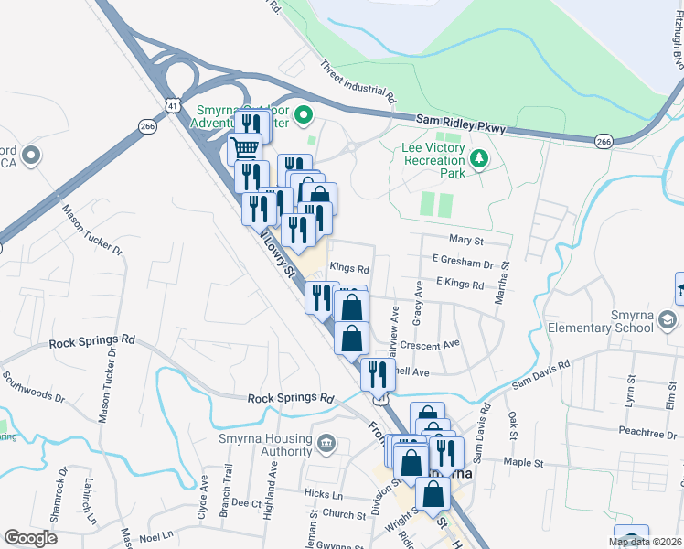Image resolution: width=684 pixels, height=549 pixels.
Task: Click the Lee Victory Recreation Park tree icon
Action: coord(477,159)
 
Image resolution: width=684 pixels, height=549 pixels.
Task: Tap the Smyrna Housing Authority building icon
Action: coord(326,446)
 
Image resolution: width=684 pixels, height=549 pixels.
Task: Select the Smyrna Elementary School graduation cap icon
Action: coord(668,319)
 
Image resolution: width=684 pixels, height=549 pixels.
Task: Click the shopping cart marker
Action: coord(244,147)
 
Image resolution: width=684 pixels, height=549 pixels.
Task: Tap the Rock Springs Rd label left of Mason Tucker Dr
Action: coord(91,340)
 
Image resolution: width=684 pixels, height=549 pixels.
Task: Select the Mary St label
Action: coord(465,240)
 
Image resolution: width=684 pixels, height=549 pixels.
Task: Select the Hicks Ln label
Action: coord(324,493)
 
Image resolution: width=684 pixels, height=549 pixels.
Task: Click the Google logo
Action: coord(30,538)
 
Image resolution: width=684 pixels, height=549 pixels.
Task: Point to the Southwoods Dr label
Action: coord(33,386)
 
